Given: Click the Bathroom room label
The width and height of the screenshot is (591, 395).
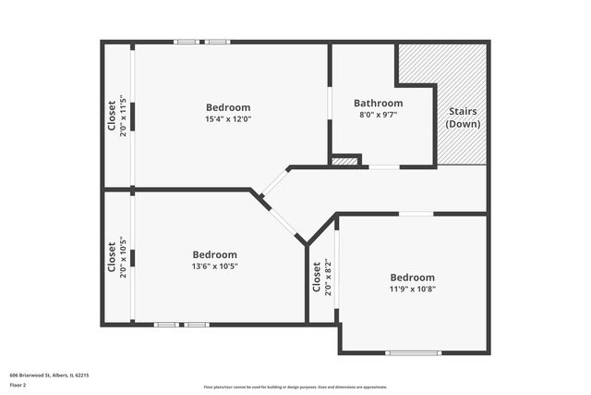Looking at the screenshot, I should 378,103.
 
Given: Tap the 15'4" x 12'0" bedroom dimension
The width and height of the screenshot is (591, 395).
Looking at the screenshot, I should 228,118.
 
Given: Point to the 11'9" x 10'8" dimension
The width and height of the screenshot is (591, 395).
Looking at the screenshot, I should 412,289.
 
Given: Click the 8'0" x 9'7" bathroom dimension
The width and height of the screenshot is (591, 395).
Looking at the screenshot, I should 378,115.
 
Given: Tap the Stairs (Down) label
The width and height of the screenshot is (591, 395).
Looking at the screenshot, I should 463,117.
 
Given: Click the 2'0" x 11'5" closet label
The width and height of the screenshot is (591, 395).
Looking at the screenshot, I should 116,117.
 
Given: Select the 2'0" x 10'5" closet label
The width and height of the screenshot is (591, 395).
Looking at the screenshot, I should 116,258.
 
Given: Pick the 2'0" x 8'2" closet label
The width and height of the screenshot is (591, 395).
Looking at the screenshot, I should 321,276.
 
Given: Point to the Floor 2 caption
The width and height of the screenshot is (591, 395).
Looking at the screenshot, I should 19,384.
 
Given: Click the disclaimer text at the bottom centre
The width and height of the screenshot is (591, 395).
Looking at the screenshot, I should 295,387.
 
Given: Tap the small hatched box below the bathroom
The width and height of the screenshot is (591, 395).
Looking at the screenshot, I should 344,161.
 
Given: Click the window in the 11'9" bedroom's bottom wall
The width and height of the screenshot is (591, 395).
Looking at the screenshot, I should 413,352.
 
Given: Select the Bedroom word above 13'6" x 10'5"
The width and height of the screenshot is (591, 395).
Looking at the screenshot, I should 214,254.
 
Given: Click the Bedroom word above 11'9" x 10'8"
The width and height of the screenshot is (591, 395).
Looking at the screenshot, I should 412,278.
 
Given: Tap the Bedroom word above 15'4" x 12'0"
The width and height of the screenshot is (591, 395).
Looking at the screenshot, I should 228,107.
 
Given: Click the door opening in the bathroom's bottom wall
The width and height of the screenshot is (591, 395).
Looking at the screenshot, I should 383,167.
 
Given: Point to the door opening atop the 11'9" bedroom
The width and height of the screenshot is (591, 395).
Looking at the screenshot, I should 416,215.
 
